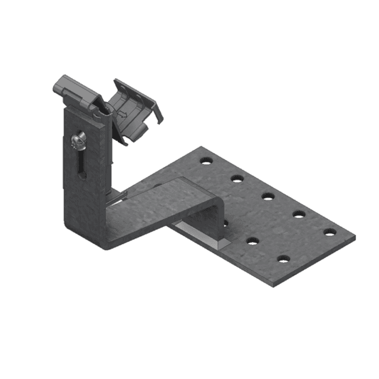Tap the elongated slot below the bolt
82,163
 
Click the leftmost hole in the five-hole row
205,159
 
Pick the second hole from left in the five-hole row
236,177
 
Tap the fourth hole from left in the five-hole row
299,213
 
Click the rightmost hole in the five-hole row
330,232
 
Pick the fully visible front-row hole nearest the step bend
252,240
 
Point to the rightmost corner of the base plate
355,238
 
